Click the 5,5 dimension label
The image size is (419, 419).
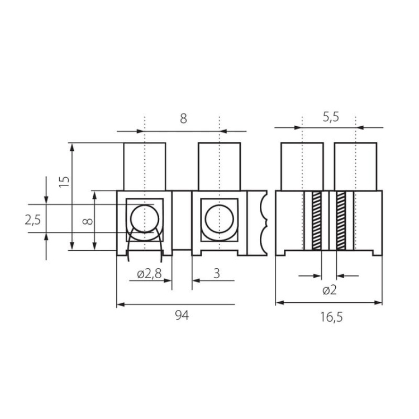331,118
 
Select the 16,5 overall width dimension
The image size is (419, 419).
331,317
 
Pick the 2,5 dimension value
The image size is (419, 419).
33,220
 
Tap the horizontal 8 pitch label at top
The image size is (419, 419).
183,118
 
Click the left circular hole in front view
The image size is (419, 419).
144,218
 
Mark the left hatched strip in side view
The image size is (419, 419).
316,220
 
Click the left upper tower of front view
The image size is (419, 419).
144,166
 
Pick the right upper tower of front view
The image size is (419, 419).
220,166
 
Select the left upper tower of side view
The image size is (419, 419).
302,166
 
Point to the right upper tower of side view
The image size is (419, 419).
356,166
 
